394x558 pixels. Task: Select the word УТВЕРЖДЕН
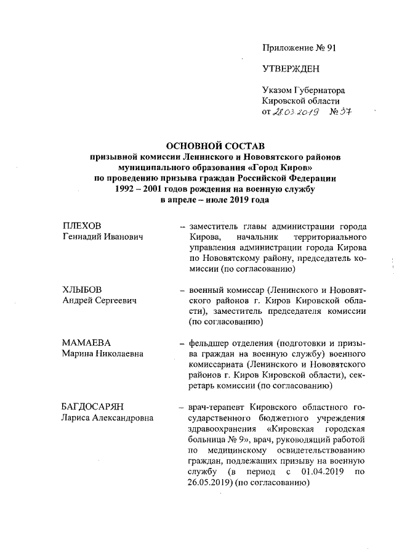[291, 69]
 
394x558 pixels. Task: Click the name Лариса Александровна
[108, 417]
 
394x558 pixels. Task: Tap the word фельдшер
[210, 343]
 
